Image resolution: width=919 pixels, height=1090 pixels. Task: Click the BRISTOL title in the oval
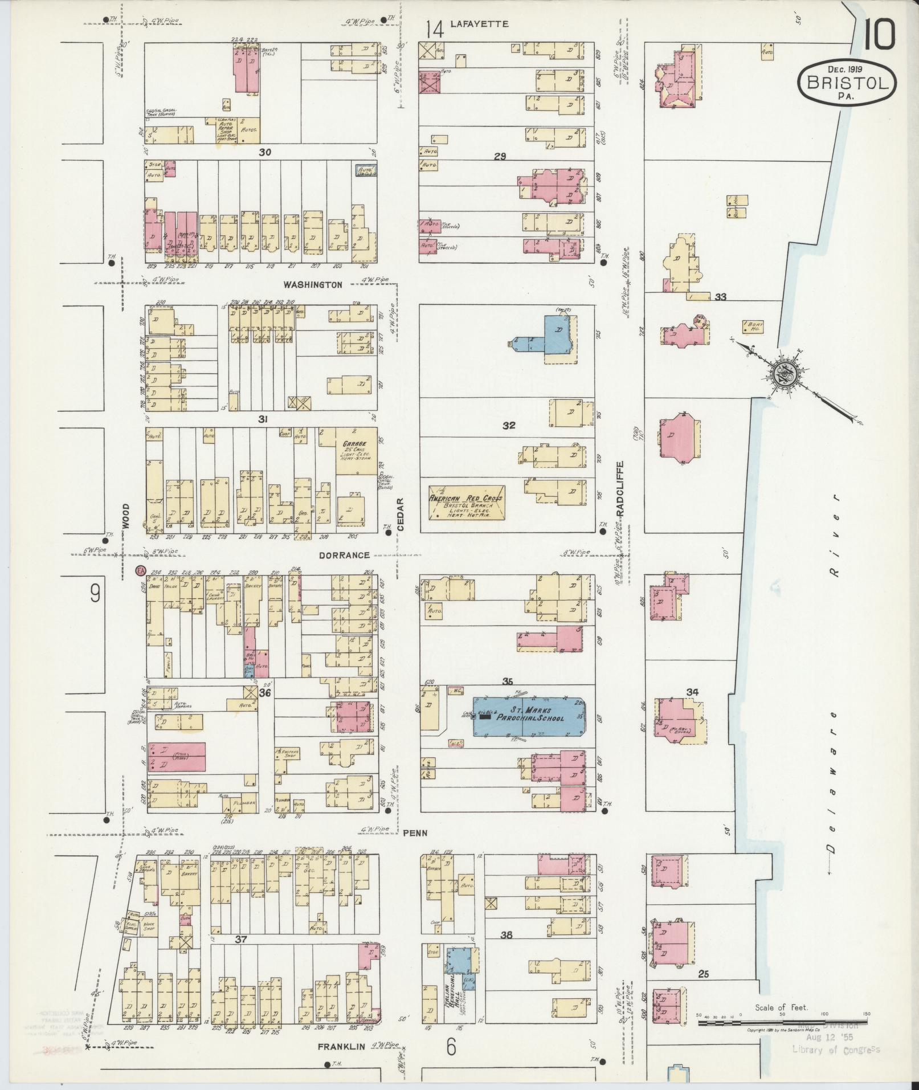(x=847, y=83)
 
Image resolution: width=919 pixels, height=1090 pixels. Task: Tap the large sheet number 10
(x=879, y=35)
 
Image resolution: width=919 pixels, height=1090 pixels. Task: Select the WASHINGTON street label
(x=313, y=284)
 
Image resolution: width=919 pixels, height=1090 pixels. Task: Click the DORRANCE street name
(x=344, y=555)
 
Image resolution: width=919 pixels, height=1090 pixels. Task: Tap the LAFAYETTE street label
(x=479, y=24)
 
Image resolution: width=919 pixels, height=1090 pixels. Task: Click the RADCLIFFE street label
(x=621, y=489)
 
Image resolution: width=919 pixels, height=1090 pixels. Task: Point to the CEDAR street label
(x=400, y=515)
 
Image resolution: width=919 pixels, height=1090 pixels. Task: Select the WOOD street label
(x=126, y=517)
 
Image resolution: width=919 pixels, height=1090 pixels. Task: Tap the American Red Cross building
(x=466, y=503)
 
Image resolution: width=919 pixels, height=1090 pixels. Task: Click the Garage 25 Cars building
(x=356, y=450)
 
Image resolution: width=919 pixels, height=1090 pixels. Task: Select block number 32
(x=509, y=426)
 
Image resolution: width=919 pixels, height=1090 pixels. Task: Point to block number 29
(x=500, y=156)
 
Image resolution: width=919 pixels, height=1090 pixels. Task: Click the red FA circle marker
(x=140, y=570)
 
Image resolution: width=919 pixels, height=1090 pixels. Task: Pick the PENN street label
(x=415, y=832)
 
